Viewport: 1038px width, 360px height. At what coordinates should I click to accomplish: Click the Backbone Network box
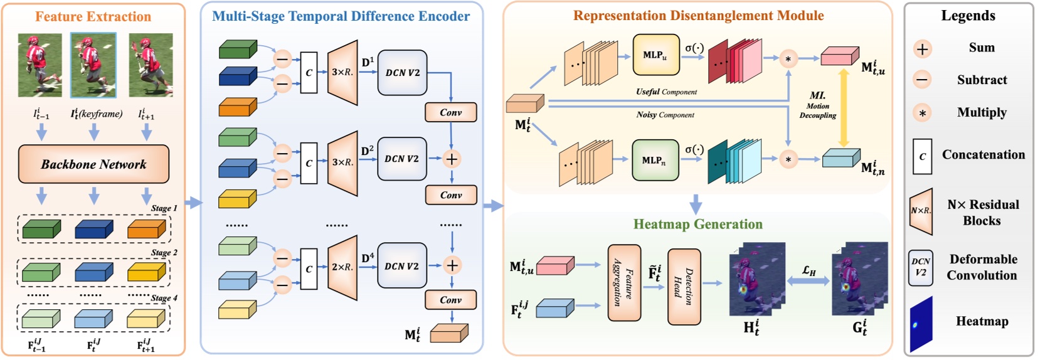[93, 164]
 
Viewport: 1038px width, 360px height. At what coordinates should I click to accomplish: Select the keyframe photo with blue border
[93, 65]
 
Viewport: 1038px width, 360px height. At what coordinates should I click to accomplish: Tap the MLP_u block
[656, 55]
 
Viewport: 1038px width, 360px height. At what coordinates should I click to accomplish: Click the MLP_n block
[655, 161]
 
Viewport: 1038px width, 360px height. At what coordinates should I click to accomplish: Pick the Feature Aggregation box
[624, 283]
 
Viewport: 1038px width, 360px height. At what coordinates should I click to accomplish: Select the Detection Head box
[684, 287]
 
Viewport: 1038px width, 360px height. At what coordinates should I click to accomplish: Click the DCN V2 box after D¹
[402, 73]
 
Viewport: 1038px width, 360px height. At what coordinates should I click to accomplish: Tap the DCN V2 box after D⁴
[402, 266]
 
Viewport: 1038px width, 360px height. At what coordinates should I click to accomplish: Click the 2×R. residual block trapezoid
[342, 267]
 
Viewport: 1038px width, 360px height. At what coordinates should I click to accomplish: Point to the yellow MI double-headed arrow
[844, 108]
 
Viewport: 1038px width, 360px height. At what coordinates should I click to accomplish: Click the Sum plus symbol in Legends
[922, 49]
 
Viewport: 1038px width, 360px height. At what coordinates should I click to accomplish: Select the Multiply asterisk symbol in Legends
[922, 114]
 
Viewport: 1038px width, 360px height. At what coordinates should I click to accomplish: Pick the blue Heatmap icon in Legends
[921, 324]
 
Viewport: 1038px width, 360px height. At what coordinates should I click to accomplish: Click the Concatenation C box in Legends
[922, 156]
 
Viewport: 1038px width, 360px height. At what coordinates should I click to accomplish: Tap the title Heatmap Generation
[697, 225]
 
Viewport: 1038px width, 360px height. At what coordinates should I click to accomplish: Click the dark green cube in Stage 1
[41, 230]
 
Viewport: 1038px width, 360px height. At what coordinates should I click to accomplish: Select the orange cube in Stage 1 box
[146, 230]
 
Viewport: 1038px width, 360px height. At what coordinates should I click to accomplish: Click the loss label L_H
[809, 270]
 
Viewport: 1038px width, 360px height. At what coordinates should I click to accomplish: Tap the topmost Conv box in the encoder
[450, 112]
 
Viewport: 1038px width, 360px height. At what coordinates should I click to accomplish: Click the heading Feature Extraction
[93, 17]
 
